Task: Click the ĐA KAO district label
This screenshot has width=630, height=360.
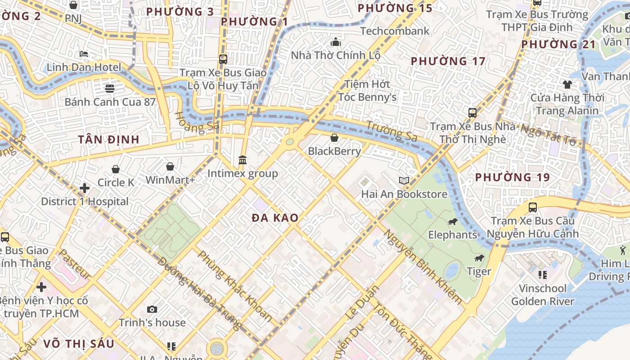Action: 275,218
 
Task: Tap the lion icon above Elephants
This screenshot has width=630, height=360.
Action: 452,222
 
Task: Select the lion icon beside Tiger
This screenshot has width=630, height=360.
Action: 479,258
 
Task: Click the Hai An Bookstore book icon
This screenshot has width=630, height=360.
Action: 404,181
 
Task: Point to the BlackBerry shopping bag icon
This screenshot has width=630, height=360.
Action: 334,138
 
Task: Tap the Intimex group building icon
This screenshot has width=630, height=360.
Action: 243,160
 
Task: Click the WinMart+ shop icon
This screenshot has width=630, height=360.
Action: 170,167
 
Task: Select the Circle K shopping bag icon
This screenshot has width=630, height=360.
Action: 116,169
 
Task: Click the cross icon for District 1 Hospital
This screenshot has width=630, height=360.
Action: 85,188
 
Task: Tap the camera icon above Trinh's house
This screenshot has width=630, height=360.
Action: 152,309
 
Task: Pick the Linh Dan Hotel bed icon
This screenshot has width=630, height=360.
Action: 84,54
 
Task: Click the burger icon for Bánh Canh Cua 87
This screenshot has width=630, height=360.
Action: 109,88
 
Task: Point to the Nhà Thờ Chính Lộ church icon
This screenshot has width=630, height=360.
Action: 336,42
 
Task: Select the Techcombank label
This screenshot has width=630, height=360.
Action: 395,31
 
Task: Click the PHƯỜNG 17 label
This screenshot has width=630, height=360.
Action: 448,61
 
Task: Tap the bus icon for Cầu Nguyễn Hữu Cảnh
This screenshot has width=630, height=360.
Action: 533,207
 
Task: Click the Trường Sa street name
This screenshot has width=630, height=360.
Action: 391,131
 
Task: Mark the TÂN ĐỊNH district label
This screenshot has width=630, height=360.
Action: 108,139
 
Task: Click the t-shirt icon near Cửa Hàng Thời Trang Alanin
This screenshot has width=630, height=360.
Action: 567,84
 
